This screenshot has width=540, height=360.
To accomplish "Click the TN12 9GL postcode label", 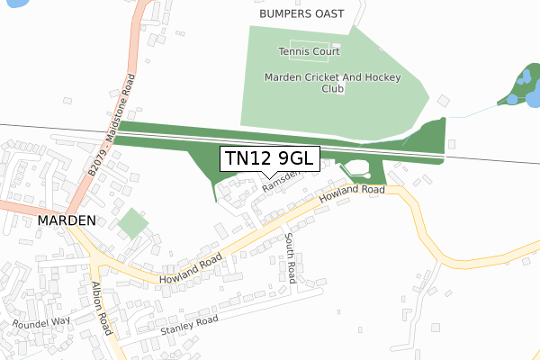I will pyautogui.click(x=269, y=159).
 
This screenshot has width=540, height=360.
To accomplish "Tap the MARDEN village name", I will pyautogui.click(x=67, y=220).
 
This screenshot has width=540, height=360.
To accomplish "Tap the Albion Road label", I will pyautogui.click(x=101, y=307).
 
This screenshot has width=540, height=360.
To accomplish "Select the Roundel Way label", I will pyautogui.click(x=41, y=321).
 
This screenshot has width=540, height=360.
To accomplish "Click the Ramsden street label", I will pyautogui.click(x=280, y=183).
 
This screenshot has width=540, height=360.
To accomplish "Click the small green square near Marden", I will pyautogui.click(x=133, y=223).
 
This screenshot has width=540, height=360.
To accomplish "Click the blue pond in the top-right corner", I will pyautogui.click(x=520, y=85).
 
